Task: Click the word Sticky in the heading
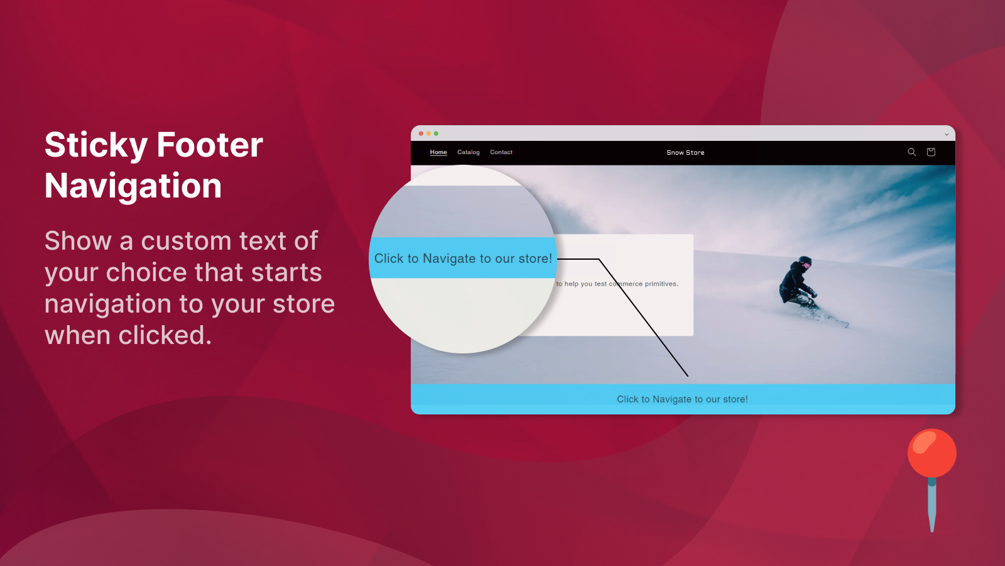coord(96,145)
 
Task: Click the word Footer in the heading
coord(210,145)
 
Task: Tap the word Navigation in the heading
coord(133,186)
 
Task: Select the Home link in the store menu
coord(438,152)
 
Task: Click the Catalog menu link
coord(468,152)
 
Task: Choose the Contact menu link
coord(501,152)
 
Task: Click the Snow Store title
coord(685,153)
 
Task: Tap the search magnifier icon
coord(911,152)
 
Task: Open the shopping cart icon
coord(931,152)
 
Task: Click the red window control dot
coord(421,133)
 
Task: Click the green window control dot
coord(436,133)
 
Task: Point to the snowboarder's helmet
coord(805,261)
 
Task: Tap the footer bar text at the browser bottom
coord(682,399)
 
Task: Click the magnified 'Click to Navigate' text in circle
coord(463,258)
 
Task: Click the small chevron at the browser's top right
coord(947,134)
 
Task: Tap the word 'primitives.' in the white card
coord(661,284)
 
